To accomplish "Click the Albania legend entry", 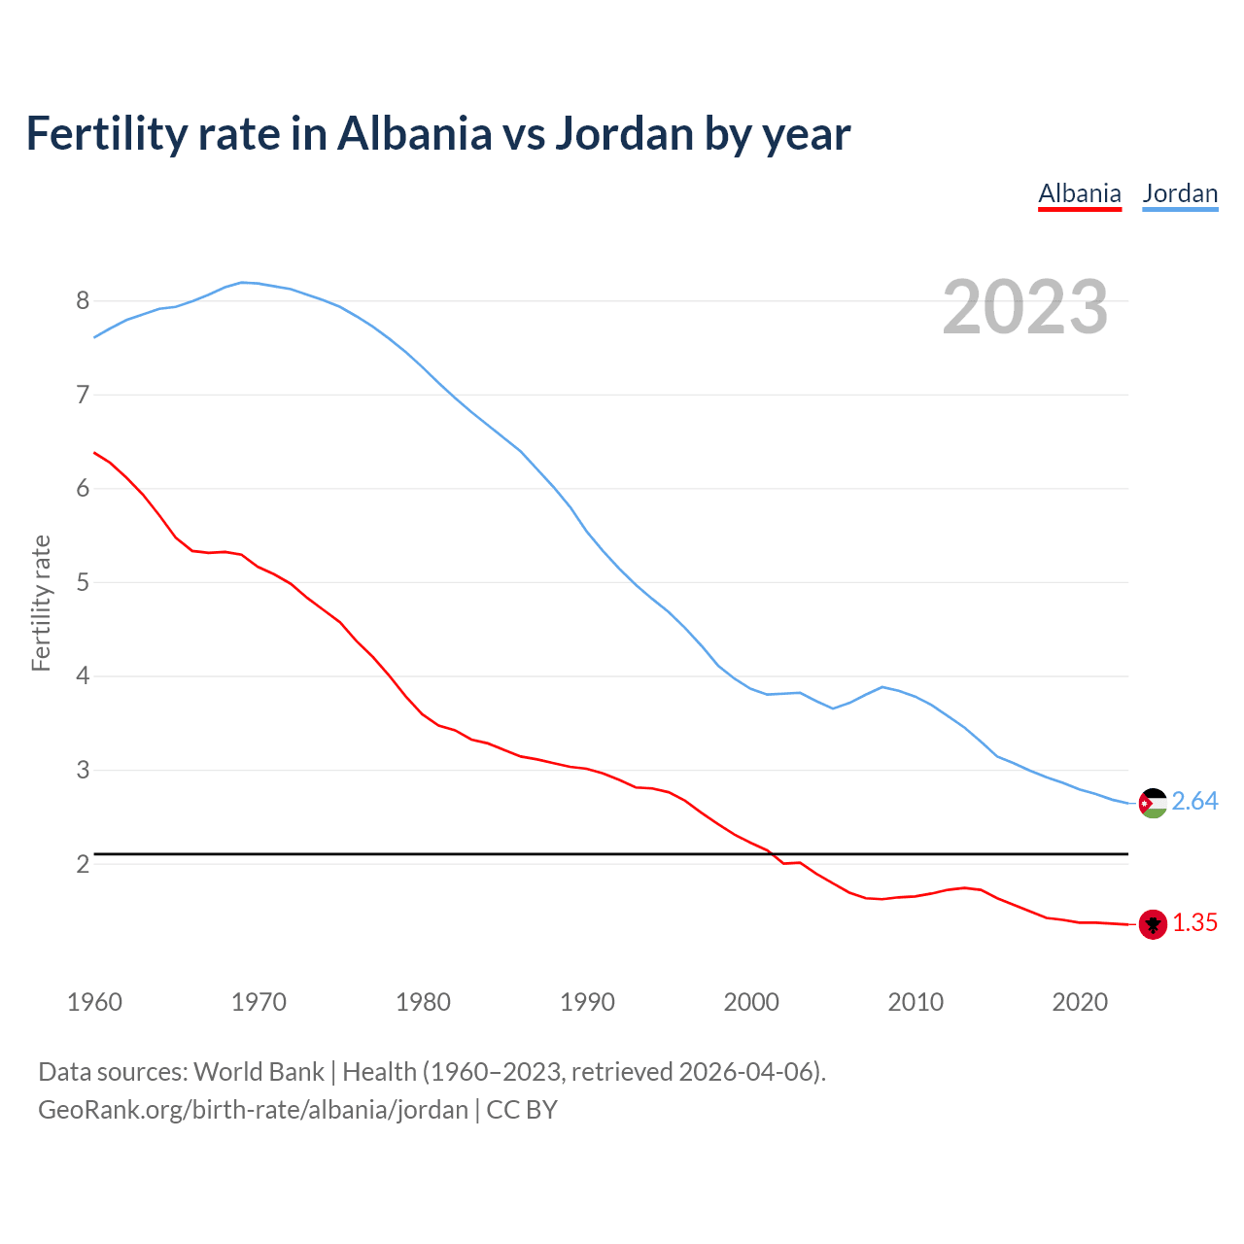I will point(1079,193).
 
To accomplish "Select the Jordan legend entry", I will point(1180,193).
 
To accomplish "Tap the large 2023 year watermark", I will point(1024,307).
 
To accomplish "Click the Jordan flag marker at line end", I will point(1153,803).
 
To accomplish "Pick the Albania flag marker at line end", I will point(1153,924).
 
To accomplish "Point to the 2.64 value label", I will point(1194,802).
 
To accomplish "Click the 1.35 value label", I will point(1194,923).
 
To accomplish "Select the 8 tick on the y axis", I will point(83,301).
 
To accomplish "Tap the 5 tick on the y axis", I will point(83,583).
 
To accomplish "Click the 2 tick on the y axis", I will point(83,864).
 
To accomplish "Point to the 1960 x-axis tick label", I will point(94,1002).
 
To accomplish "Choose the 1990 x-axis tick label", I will point(587,1002).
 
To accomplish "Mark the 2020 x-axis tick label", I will point(1080,1002).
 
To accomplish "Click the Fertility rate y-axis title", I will point(41,603).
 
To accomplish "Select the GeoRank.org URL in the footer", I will point(253,1110).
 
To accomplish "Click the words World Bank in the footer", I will point(259,1072).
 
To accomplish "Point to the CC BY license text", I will point(522,1110).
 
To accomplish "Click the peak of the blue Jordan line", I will point(243,282).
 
